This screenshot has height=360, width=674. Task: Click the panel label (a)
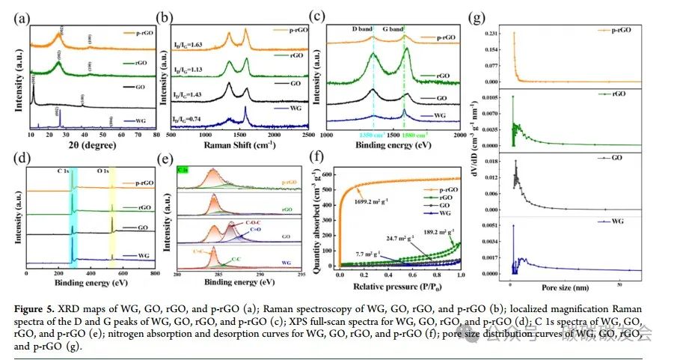click(17, 13)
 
